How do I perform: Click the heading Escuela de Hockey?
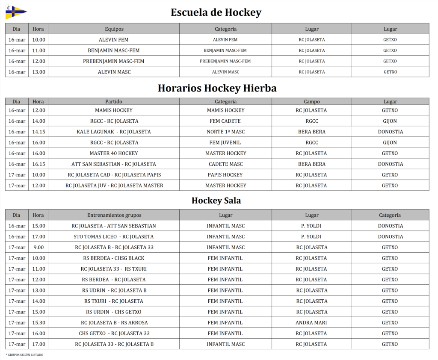[216, 12]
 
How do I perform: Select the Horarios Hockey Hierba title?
[217, 88]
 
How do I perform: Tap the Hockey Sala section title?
[216, 201]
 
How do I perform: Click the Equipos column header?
[114, 29]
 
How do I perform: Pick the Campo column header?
[311, 102]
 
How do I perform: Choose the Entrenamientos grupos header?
[114, 215]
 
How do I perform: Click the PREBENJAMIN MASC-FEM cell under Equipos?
[114, 61]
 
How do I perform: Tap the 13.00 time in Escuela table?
[38, 72]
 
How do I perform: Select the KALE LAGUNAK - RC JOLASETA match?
[114, 132]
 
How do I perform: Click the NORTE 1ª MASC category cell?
[225, 132]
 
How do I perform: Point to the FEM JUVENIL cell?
[225, 142]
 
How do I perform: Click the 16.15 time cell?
[38, 164]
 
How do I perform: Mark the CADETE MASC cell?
[225, 164]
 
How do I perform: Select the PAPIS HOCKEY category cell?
[225, 174]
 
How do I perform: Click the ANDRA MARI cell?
[311, 322]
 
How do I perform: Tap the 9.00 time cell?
[38, 247]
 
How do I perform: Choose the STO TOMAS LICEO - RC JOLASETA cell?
[114, 236]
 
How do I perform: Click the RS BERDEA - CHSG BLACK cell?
[114, 258]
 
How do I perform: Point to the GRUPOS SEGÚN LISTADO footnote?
[25, 355]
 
